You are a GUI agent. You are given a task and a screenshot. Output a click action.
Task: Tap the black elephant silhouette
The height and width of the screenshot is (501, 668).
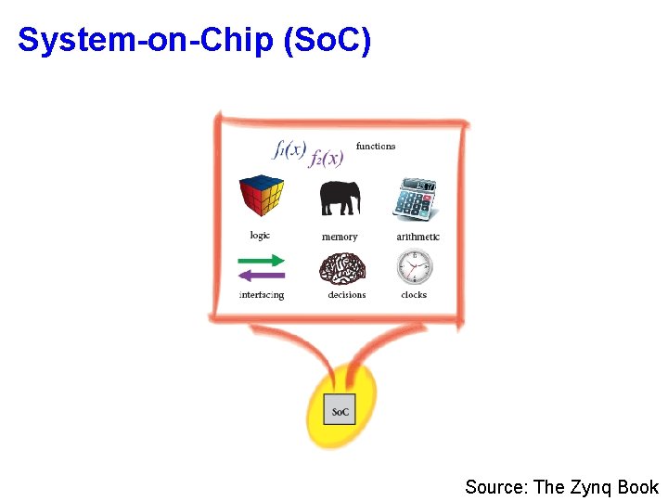click(x=340, y=197)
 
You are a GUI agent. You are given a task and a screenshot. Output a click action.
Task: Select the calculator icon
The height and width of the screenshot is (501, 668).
click(x=415, y=198)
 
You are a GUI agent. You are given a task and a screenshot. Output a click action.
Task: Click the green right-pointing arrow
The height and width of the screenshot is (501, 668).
click(x=262, y=261)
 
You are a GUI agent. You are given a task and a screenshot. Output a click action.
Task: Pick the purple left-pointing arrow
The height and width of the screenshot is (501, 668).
click(x=262, y=276)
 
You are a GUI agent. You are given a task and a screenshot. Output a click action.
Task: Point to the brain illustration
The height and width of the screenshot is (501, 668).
click(x=342, y=268)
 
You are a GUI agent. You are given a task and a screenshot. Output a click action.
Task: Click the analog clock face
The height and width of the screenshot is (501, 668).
click(x=414, y=268)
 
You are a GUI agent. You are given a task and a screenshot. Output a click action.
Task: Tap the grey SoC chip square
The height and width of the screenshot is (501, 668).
click(x=340, y=411)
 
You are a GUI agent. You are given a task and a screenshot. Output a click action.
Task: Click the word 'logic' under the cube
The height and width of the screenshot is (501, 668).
click(x=260, y=236)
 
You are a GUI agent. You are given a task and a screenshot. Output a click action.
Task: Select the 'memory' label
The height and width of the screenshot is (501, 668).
click(x=340, y=238)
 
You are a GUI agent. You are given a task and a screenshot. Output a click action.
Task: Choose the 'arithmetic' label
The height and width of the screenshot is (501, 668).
click(x=417, y=237)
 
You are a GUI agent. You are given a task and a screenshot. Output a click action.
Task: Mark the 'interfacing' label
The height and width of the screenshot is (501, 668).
click(x=262, y=295)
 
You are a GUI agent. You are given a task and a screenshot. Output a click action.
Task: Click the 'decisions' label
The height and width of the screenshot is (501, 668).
click(x=347, y=295)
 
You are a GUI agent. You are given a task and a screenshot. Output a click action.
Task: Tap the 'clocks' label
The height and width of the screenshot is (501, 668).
click(x=414, y=295)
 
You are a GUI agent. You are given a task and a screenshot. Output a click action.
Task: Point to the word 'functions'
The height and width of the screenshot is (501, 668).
click(x=376, y=146)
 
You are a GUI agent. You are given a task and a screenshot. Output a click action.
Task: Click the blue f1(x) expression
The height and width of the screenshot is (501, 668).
click(x=289, y=148)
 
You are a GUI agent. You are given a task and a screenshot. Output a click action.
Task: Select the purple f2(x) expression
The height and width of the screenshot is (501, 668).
click(x=327, y=159)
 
